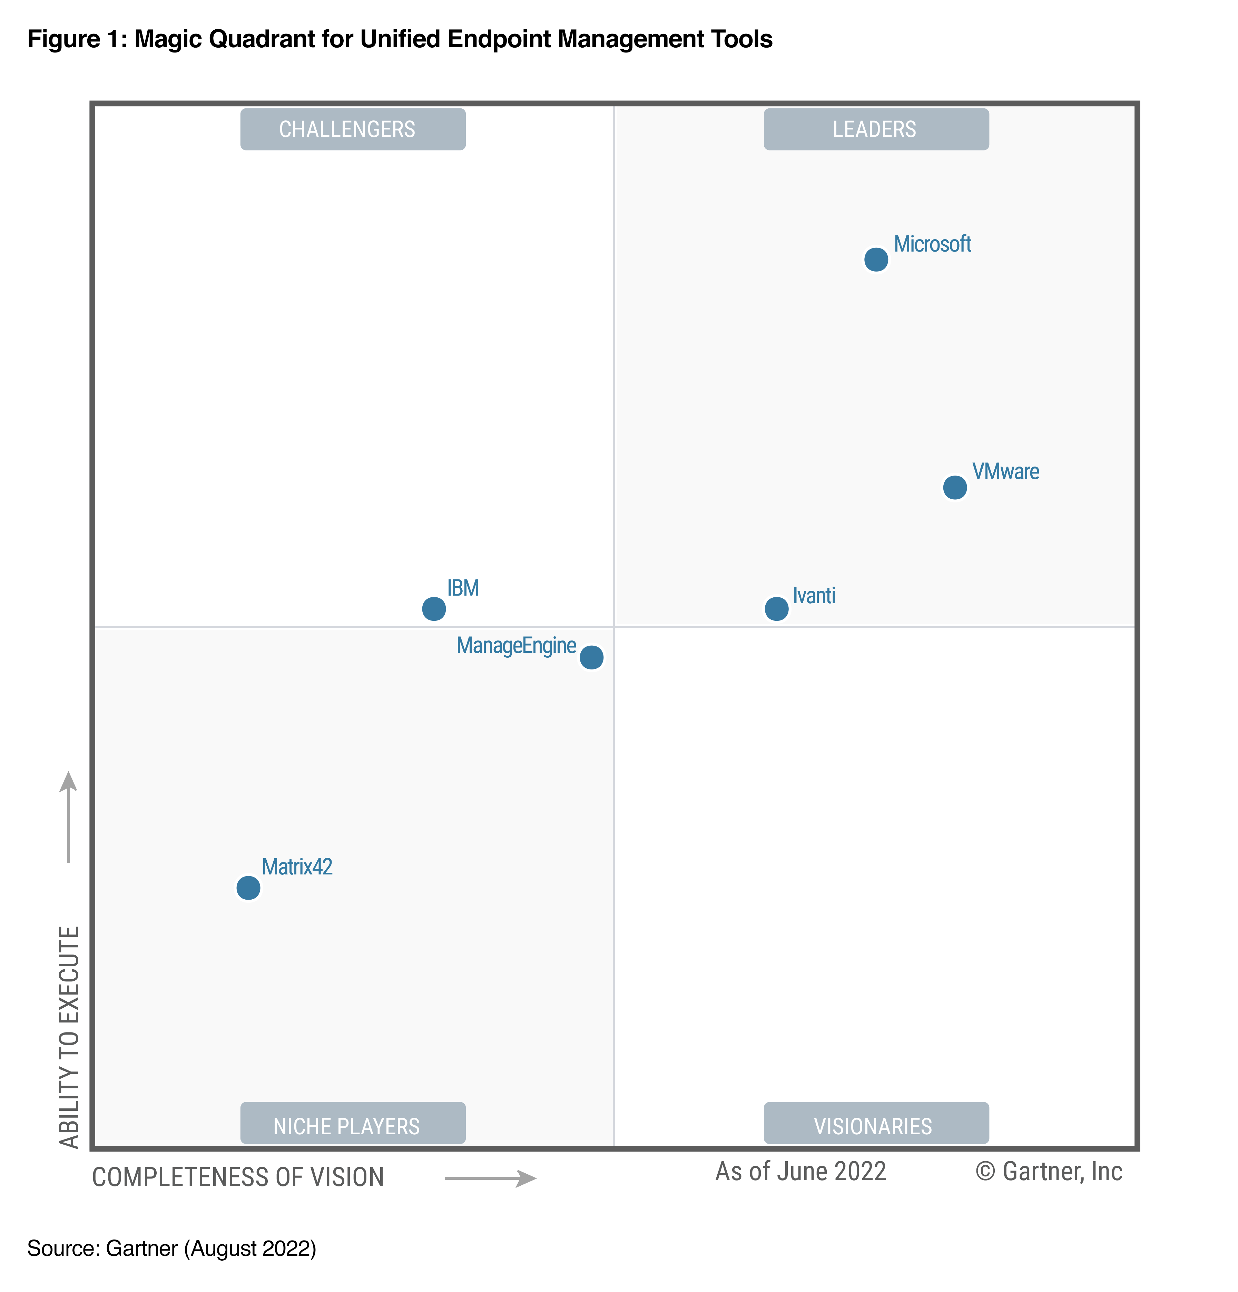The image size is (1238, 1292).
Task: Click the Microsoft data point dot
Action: [x=875, y=260]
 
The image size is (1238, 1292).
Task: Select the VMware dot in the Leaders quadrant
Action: [x=954, y=488]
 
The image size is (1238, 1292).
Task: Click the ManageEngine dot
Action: [x=591, y=657]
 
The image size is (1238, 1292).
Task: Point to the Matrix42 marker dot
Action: [x=248, y=888]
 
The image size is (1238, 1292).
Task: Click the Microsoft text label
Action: [x=932, y=244]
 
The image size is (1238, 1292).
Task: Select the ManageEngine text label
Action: [x=516, y=645]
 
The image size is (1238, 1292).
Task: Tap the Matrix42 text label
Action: [x=297, y=867]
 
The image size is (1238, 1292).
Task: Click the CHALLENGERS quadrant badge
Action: [x=353, y=129]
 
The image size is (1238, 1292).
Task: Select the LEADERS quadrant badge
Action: [x=875, y=129]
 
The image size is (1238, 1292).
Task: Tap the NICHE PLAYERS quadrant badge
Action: [x=353, y=1126]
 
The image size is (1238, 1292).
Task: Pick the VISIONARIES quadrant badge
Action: [x=875, y=1126]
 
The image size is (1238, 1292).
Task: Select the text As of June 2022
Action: [x=800, y=1171]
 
